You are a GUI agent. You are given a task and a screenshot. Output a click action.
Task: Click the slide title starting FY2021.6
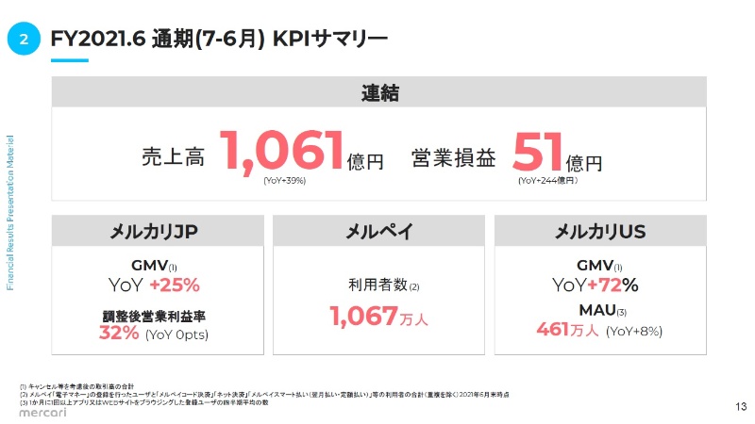tap(219, 39)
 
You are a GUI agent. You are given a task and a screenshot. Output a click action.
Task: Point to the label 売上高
tap(173, 157)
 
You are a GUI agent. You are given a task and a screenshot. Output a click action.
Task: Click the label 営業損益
tap(453, 157)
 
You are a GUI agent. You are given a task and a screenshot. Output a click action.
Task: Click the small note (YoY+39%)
tap(284, 180)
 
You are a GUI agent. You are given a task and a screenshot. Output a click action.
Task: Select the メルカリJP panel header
tap(154, 232)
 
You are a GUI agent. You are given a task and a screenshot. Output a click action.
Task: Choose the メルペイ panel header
tap(378, 232)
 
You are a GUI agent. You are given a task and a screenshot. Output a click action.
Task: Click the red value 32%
tap(119, 334)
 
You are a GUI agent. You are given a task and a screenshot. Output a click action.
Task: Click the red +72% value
tap(613, 285)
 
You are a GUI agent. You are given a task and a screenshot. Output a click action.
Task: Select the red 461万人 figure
tap(567, 330)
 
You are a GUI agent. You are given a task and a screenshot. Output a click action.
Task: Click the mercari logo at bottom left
tap(39, 410)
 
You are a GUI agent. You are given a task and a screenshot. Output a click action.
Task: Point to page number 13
tap(739, 406)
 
